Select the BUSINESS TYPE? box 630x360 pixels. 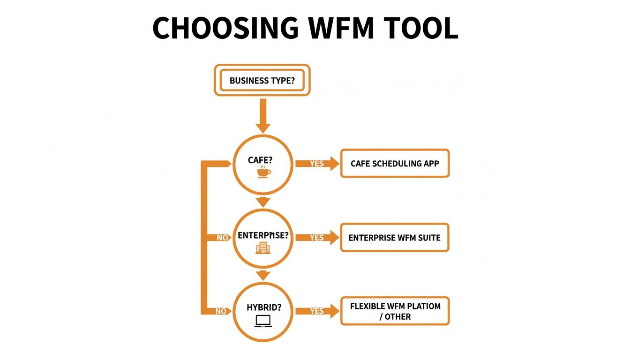tap(262, 81)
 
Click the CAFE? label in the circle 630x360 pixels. tap(260, 160)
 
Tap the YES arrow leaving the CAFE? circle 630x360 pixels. tap(317, 164)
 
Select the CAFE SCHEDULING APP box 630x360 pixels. tap(395, 164)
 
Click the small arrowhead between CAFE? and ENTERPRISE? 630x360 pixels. tap(263, 202)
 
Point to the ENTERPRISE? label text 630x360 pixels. tap(262, 235)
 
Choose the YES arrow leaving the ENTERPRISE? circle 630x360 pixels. tap(317, 238)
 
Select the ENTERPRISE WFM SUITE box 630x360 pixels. tap(395, 238)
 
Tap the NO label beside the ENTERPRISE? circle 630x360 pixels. tap(222, 238)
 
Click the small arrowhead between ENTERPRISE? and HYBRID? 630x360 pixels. tap(263, 275)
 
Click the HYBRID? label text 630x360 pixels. tap(264, 308)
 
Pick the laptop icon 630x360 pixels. tap(263, 321)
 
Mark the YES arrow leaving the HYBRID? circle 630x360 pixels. tap(317, 311)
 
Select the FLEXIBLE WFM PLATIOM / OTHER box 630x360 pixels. tap(395, 311)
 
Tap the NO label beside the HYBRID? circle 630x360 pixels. tap(221, 311)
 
